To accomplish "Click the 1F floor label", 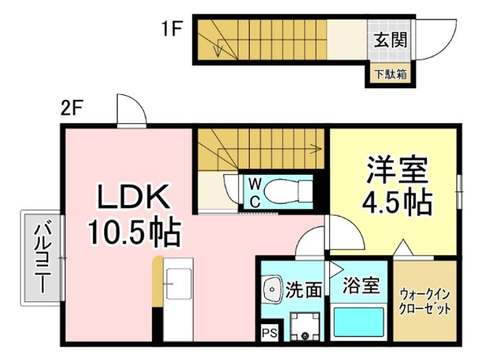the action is tap(170, 30).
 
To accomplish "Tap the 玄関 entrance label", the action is tap(390, 40).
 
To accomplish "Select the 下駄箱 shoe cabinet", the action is tap(390, 74).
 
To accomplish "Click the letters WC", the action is tap(255, 194).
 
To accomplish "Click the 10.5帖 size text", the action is tap(134, 232).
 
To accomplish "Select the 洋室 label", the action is tap(397, 170).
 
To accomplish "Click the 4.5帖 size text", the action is tap(397, 202).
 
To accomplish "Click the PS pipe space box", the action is tap(269, 333).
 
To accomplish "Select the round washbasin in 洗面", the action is tap(272, 289).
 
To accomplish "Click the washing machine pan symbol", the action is tap(304, 326).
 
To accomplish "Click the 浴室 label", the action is tap(360, 285).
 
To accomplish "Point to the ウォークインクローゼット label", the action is tap(424, 301).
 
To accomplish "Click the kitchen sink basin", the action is tap(179, 284).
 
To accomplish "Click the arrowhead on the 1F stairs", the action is tap(219, 52).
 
